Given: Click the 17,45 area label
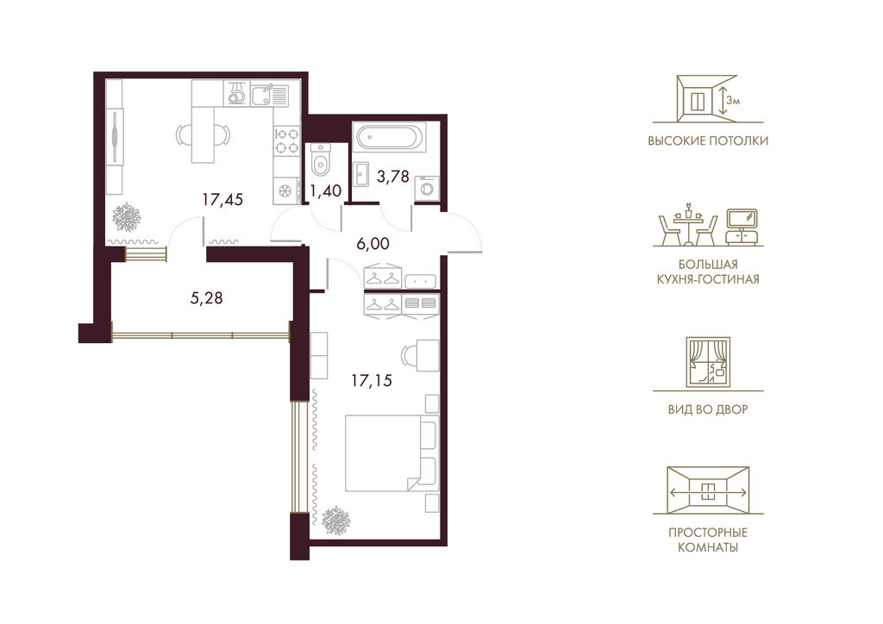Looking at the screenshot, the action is coord(222,199).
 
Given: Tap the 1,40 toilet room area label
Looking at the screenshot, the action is coord(325,191).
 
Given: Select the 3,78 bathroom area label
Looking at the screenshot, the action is coord(392,177).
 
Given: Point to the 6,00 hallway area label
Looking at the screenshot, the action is coord(373,244).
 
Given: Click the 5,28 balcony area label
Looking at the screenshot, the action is coord(206,297).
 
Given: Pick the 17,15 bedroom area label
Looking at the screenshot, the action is coord(372,381).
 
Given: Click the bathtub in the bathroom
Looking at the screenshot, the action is coord(389,138).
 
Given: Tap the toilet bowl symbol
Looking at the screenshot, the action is coord(320,160).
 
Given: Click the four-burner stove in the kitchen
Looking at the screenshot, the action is coord(286,140).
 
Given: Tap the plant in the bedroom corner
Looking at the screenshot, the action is coord(336,521).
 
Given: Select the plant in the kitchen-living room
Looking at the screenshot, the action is coord(126,216).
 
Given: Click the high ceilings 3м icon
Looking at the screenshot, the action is coord(708,99).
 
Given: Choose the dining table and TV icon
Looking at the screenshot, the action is coord(709,226).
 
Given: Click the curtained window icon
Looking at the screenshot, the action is coord(708,363).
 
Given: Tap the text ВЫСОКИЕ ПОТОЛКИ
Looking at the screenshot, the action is coord(708,140).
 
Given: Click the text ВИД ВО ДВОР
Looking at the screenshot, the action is coord(708,409).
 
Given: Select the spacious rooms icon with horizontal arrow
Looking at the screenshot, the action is coord(708,490).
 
